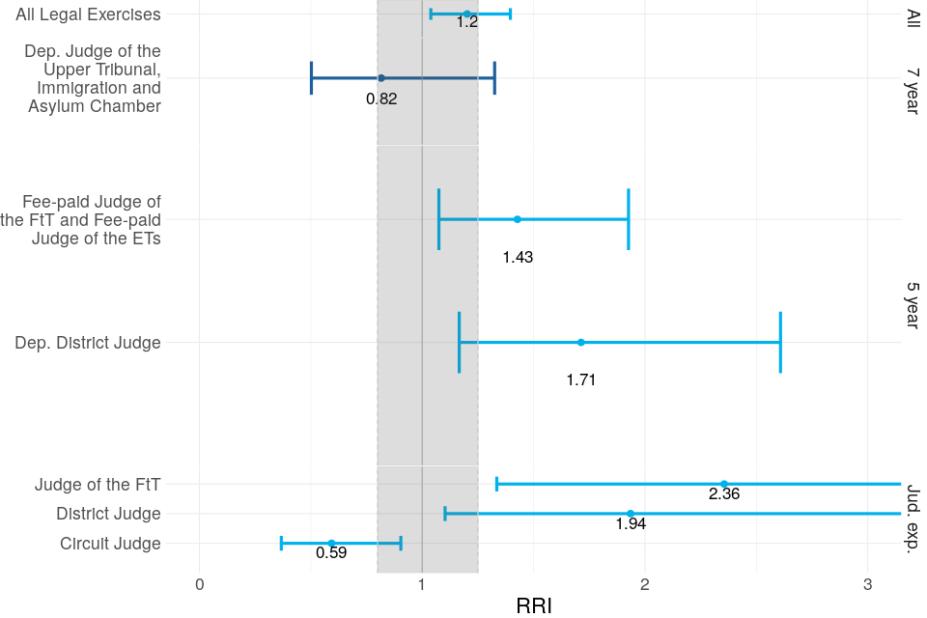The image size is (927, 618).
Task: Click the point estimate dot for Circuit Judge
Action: pyautogui.click(x=331, y=544)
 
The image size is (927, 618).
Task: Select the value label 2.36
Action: pyautogui.click(x=724, y=494)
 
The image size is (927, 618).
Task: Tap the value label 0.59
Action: pyautogui.click(x=331, y=554)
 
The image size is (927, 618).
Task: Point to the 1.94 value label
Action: pyautogui.click(x=631, y=524)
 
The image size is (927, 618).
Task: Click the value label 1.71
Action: pyautogui.click(x=581, y=379)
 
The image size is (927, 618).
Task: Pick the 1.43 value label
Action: pyautogui.click(x=518, y=257)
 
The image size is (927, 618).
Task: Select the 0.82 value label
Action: pyautogui.click(x=381, y=98)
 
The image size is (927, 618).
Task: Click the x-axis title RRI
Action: pyautogui.click(x=534, y=605)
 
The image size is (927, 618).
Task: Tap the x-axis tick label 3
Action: pyautogui.click(x=867, y=585)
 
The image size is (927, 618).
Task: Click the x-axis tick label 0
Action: pyautogui.click(x=199, y=585)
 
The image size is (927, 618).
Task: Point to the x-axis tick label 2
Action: pyautogui.click(x=644, y=585)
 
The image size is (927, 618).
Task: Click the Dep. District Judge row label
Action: pyautogui.click(x=88, y=342)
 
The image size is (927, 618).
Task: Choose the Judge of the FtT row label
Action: pyautogui.click(x=98, y=484)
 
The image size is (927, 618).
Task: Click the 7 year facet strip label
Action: pyautogui.click(x=912, y=91)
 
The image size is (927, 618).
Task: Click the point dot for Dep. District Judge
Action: pyautogui.click(x=580, y=342)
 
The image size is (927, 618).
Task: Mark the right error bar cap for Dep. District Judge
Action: pyautogui.click(x=780, y=342)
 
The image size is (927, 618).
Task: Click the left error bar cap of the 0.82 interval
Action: pyautogui.click(x=311, y=77)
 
